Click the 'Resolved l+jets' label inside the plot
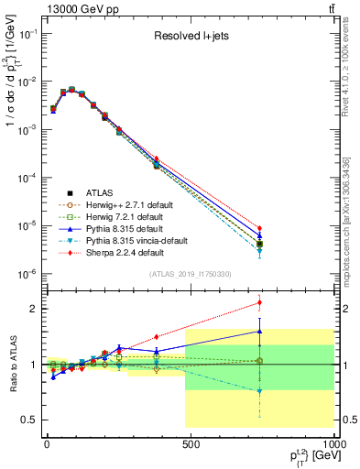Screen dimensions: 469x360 pyautogui.click(x=191, y=37)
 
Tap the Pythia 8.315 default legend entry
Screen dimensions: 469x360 pyautogui.click(x=123, y=229)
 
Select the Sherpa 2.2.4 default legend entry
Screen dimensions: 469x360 pyautogui.click(x=124, y=253)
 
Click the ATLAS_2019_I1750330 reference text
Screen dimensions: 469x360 pyautogui.click(x=189, y=274)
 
